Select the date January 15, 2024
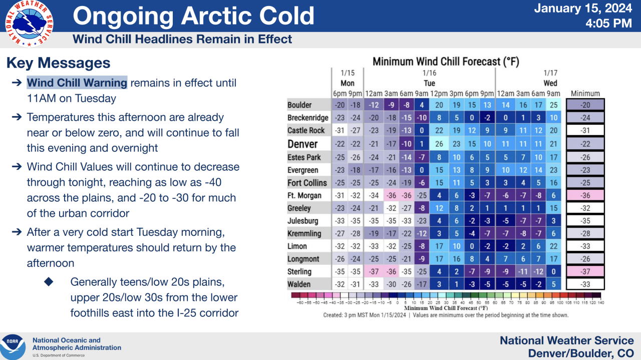tap(583, 9)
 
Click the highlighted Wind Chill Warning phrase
tap(77, 83)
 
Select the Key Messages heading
tap(58, 63)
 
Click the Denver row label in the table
tap(302, 144)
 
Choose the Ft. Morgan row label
tap(304, 195)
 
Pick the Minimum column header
tap(585, 93)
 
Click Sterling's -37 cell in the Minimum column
tap(585, 272)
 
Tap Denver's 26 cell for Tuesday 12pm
tap(439, 144)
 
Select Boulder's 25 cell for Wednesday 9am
tap(552, 105)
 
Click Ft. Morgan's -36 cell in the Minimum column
tap(585, 195)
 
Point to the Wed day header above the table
tap(550, 83)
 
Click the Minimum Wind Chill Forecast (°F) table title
tap(446, 62)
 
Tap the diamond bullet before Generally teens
tap(49, 281)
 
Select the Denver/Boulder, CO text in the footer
tap(581, 353)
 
